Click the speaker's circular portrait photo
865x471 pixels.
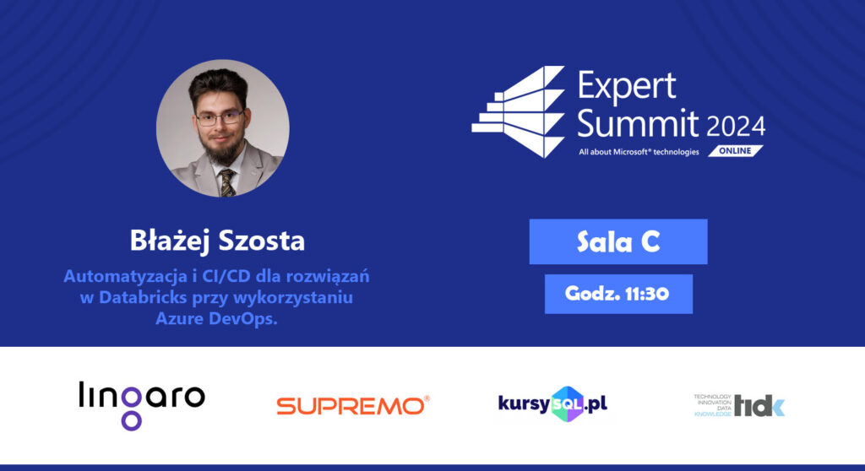(x=223, y=128)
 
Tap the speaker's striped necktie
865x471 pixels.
(x=226, y=183)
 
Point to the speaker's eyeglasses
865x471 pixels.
(x=220, y=118)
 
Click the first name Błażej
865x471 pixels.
(x=171, y=241)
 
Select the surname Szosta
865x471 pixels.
(x=262, y=241)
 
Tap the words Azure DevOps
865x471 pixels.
(x=216, y=318)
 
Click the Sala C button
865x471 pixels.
(x=617, y=241)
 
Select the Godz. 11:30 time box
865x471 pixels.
(x=618, y=294)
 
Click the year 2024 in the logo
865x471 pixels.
(x=736, y=127)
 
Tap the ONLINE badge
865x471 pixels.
(x=736, y=150)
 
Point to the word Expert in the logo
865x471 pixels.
(x=627, y=85)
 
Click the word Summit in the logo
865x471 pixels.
(x=638, y=122)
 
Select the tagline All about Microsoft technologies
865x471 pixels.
(x=639, y=152)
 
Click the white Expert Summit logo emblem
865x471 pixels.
(x=519, y=112)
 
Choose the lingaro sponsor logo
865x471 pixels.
(x=142, y=405)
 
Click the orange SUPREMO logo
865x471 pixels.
(x=353, y=405)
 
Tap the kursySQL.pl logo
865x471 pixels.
(x=552, y=404)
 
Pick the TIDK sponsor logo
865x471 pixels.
(x=739, y=405)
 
